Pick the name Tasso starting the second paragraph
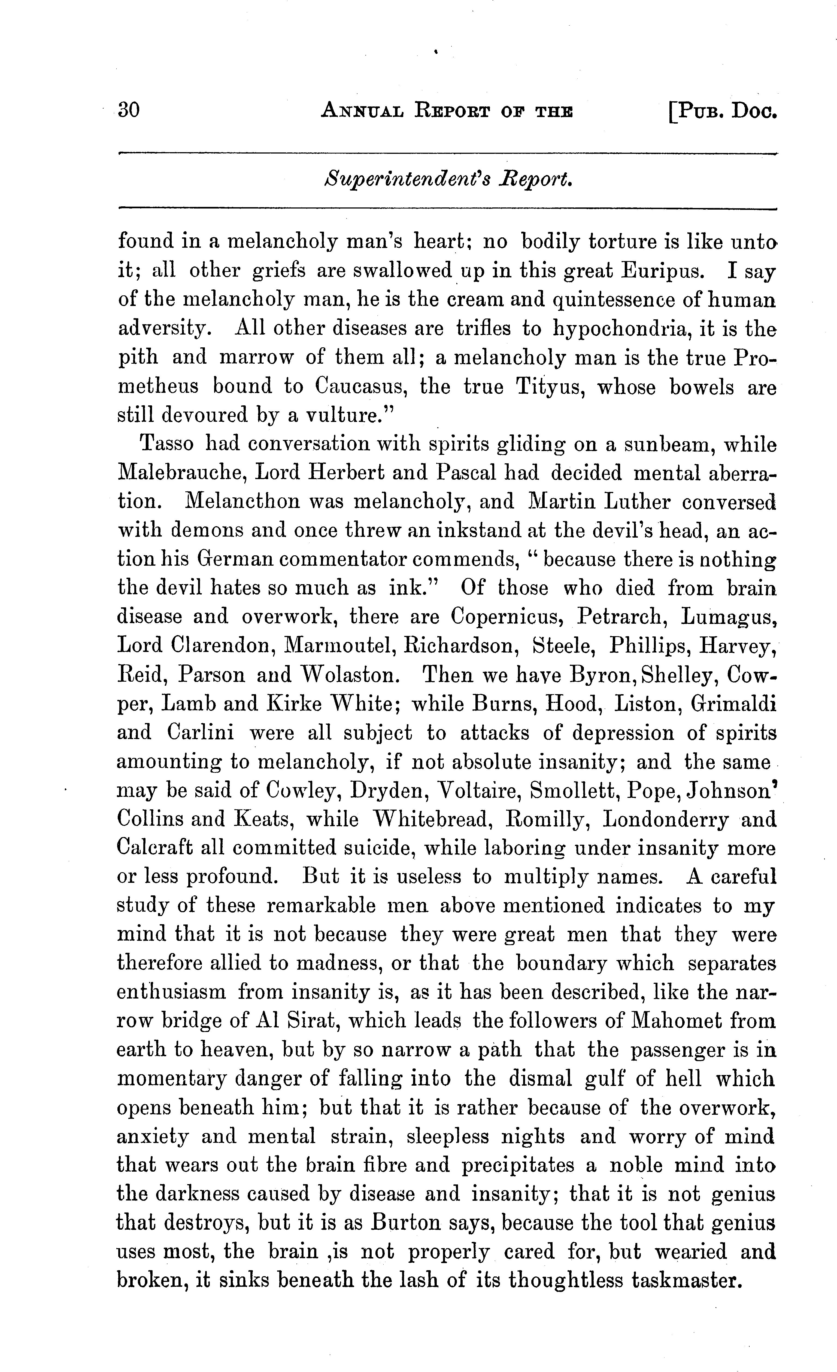pyautogui.click(x=167, y=444)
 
